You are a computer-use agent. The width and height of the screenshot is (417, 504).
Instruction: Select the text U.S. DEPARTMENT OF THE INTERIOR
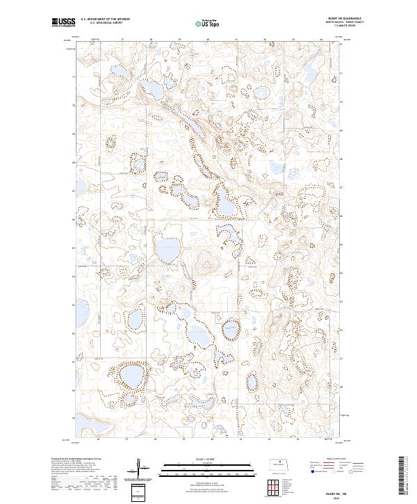coord(105,19)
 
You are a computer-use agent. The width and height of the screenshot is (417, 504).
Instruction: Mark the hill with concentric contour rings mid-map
coord(204,263)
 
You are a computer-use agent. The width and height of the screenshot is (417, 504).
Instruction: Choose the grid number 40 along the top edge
coord(208,40)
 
